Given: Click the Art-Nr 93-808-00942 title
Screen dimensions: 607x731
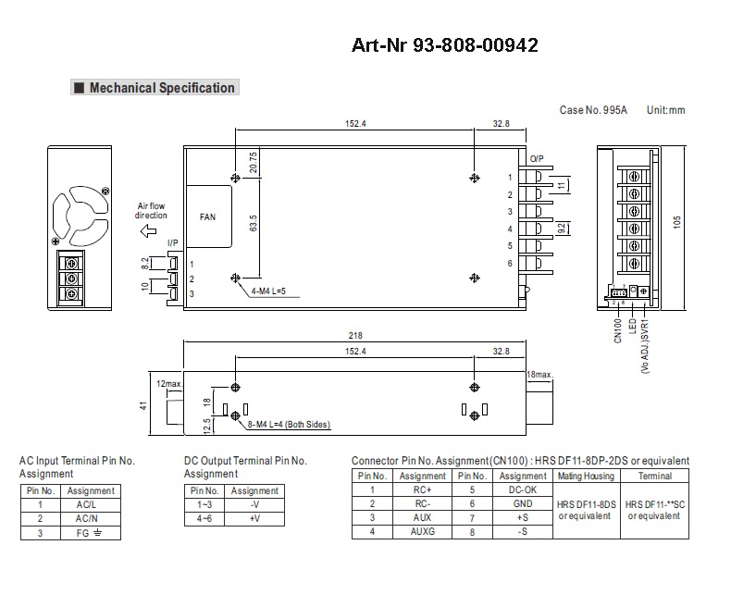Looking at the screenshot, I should [445, 44].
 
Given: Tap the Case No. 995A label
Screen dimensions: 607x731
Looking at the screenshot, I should [593, 110].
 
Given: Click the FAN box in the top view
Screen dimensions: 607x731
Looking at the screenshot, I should [208, 217].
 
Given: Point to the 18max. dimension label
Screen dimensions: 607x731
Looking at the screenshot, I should [538, 375].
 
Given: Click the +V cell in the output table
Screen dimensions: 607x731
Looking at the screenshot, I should [254, 519].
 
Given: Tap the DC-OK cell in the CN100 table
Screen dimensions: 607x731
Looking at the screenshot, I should [523, 489].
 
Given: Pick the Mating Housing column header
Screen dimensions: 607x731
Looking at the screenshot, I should [585, 476].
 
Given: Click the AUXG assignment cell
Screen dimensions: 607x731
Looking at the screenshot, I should [422, 531].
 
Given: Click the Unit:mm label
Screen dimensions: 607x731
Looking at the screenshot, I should [665, 110].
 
